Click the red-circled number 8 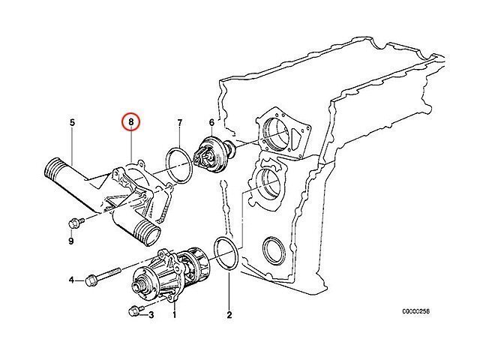(x=131, y=121)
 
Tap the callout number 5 (x=73, y=121)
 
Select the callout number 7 (x=179, y=121)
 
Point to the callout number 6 (x=211, y=121)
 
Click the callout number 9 (x=72, y=241)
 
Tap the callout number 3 (x=151, y=315)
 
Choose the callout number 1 (x=175, y=315)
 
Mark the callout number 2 (x=229, y=315)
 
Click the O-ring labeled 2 (x=226, y=253)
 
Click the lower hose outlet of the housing (x=148, y=235)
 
